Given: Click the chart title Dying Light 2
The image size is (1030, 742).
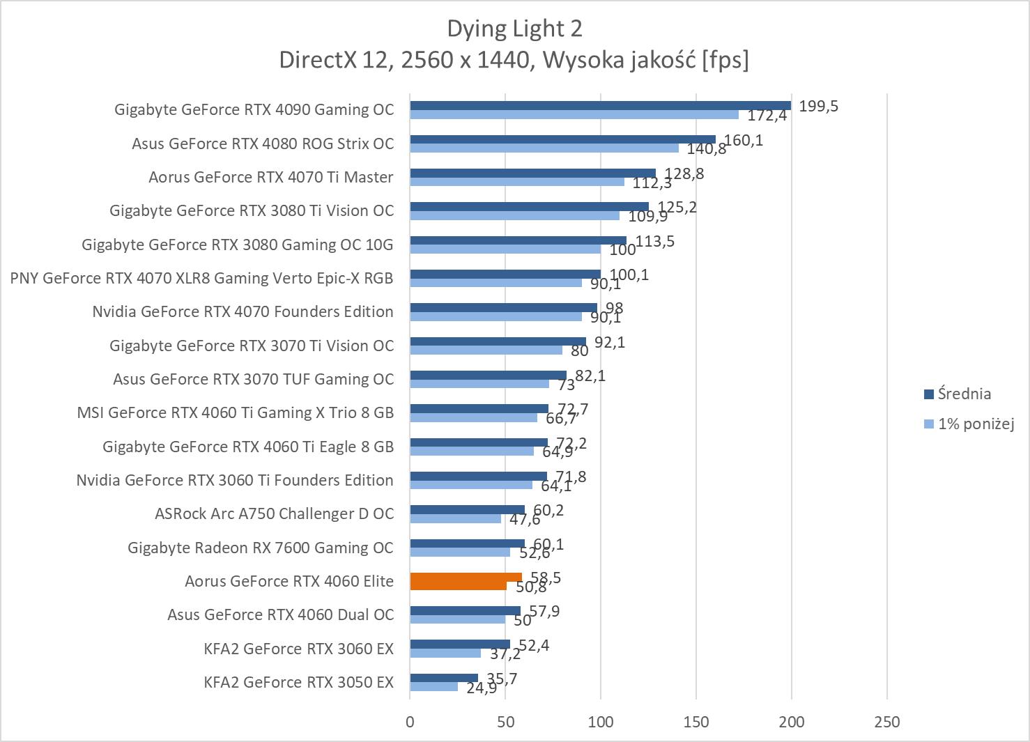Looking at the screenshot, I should click(x=514, y=29).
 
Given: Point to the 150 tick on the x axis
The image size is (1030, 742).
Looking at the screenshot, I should click(x=696, y=722).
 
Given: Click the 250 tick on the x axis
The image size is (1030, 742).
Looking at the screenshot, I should click(x=886, y=722).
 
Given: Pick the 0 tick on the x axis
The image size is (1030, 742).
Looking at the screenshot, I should click(x=410, y=722).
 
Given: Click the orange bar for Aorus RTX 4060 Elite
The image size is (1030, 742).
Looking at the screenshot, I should click(x=466, y=577).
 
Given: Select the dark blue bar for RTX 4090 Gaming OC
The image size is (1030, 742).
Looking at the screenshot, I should click(x=600, y=106).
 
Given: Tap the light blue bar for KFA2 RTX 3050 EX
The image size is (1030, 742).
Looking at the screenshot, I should click(x=433, y=687).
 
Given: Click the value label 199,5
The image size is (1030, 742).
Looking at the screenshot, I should click(x=818, y=106).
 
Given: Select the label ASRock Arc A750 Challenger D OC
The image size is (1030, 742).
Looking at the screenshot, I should click(x=274, y=513).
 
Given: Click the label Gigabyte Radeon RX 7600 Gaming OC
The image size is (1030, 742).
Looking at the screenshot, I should click(x=260, y=548).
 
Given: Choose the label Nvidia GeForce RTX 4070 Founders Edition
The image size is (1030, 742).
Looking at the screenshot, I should click(x=243, y=311).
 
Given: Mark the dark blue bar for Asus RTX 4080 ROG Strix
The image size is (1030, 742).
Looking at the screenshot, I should click(x=562, y=139).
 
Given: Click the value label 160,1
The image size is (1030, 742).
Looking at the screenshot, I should click(x=744, y=140).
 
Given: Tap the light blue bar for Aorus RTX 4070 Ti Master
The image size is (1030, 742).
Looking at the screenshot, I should click(x=516, y=182).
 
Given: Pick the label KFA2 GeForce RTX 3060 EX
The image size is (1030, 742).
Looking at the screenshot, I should click(x=298, y=649).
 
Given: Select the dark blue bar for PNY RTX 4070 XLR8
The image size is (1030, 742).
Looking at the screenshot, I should click(x=505, y=274).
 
